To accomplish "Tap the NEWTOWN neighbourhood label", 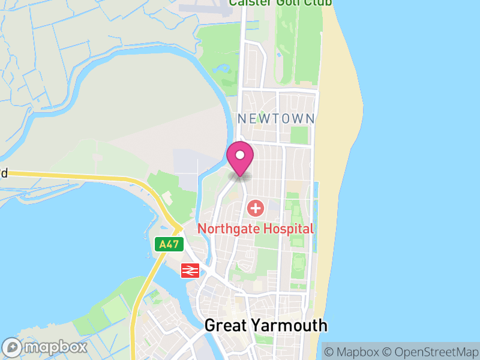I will (276, 119).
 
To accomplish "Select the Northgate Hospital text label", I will (256, 229).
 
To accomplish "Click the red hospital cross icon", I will (256, 209).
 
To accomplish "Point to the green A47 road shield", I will (169, 244).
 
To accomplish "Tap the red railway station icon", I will (190, 271).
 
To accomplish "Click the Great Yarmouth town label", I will (266, 326).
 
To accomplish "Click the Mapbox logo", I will (45, 347).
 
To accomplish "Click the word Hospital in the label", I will (287, 229).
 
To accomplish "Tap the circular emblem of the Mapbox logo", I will (13, 347).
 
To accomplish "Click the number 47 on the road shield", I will (173, 244).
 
